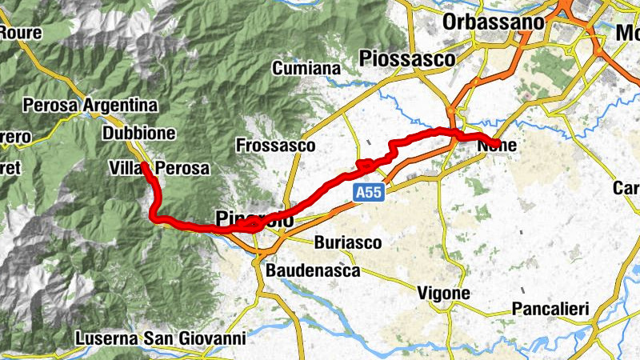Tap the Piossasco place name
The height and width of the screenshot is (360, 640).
pos(407,58)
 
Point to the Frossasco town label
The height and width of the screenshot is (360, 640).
pos(276,146)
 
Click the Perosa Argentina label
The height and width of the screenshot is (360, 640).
pos(90,105)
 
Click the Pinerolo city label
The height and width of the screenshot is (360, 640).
pos(252,218)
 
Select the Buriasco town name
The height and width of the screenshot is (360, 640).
pos(347,242)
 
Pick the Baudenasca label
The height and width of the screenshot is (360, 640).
pos(314,270)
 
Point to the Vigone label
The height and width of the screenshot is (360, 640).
pos(444,294)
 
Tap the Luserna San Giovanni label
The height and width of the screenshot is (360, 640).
pos(160,338)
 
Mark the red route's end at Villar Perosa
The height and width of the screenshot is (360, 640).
pos(145,166)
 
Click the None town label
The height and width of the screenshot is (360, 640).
pos(496,146)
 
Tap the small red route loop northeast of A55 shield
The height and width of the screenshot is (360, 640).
pos(366,166)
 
